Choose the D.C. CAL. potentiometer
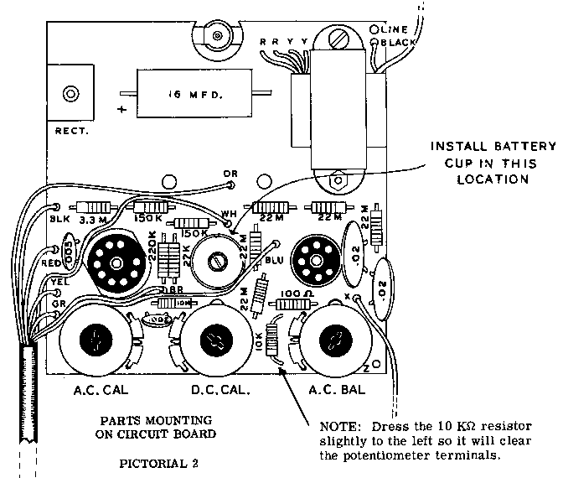point(217,341)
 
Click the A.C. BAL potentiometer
point(335,342)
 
